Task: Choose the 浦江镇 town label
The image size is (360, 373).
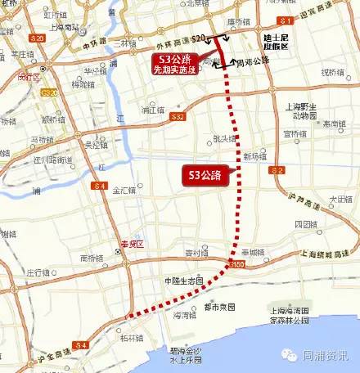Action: (152, 108)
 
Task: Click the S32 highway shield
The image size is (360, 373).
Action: (178, 118)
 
